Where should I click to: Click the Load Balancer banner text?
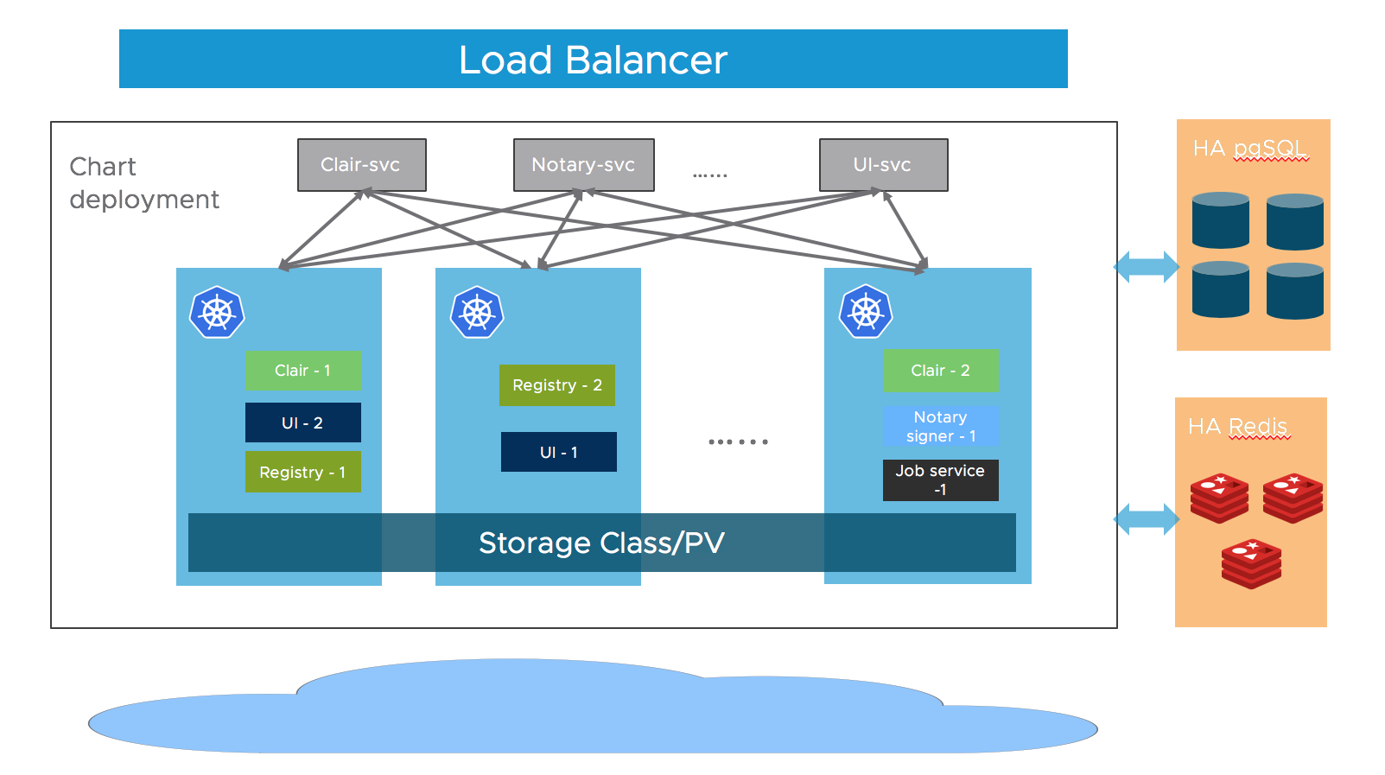(x=593, y=60)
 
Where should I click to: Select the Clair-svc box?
(x=361, y=165)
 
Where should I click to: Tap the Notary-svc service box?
(x=583, y=165)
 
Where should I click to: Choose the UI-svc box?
(x=882, y=165)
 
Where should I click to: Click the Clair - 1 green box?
(x=302, y=370)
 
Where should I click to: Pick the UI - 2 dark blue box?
(x=302, y=422)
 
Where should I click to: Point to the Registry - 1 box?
(x=302, y=472)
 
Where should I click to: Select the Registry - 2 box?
(x=556, y=385)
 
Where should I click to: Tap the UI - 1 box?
(x=558, y=452)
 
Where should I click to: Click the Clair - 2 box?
(x=940, y=370)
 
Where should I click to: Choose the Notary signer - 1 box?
(x=940, y=426)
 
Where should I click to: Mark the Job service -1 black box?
(x=940, y=480)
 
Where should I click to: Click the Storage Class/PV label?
(x=601, y=543)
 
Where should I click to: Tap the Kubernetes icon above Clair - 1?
(x=217, y=312)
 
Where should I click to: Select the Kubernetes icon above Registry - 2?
(x=477, y=312)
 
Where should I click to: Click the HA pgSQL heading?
(x=1249, y=149)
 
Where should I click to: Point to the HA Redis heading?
(x=1237, y=426)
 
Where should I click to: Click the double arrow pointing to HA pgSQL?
(x=1146, y=266)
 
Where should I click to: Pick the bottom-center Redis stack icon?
(x=1251, y=563)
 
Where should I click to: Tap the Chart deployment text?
(x=143, y=182)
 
